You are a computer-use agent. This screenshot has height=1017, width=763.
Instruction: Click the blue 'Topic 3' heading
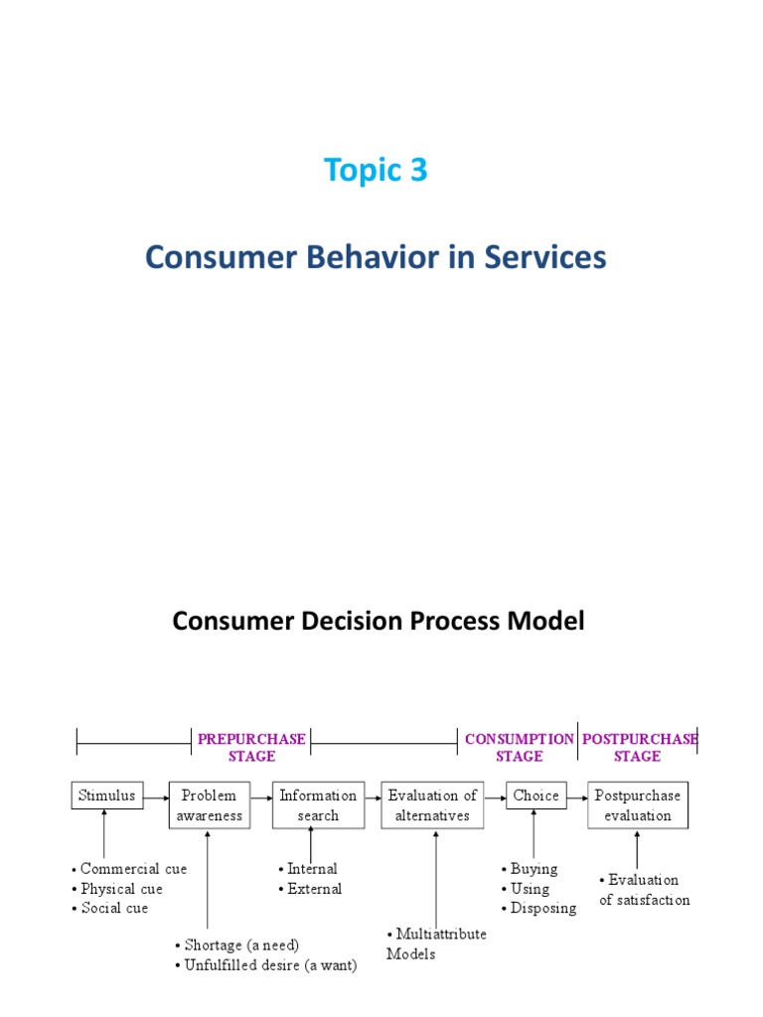pyautogui.click(x=376, y=171)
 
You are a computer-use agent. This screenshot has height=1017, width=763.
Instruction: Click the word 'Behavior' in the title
pyautogui.click(x=373, y=256)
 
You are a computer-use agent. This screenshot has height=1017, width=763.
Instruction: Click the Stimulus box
pyautogui.click(x=107, y=796)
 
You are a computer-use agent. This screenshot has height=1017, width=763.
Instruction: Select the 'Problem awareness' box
pyautogui.click(x=209, y=805)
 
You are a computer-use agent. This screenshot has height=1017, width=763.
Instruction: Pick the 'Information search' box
pyautogui.click(x=318, y=805)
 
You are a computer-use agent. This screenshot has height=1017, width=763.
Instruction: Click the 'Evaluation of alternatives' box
pyautogui.click(x=432, y=805)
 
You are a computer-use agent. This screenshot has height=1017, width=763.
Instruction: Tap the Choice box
pyautogui.click(x=535, y=796)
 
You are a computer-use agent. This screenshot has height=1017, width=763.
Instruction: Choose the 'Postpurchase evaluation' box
pyautogui.click(x=638, y=805)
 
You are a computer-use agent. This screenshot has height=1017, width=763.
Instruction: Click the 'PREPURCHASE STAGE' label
pyautogui.click(x=251, y=747)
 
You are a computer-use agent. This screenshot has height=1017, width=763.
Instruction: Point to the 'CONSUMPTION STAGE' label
pyautogui.click(x=519, y=747)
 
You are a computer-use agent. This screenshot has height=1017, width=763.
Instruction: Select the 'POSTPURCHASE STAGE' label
pyautogui.click(x=640, y=747)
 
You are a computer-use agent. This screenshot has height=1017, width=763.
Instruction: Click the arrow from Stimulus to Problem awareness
pyautogui.click(x=156, y=798)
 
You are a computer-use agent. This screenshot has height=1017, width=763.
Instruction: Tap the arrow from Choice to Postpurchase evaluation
pyautogui.click(x=577, y=798)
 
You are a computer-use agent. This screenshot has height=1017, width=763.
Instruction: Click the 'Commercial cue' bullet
pyautogui.click(x=129, y=869)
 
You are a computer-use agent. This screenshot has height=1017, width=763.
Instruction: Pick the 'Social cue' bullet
pyautogui.click(x=109, y=908)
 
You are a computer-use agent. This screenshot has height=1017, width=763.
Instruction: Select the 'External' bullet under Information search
pyautogui.click(x=310, y=889)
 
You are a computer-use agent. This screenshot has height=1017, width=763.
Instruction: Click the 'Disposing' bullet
pyautogui.click(x=539, y=909)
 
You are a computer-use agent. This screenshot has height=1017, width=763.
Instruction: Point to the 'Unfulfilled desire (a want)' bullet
pyautogui.click(x=266, y=965)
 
